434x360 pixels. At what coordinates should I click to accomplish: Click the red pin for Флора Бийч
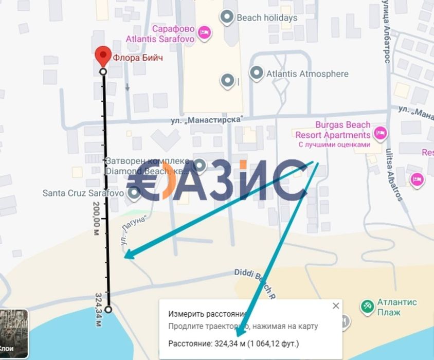pyautogui.click(x=103, y=55)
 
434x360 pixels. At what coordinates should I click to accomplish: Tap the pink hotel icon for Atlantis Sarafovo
pyautogui.click(x=205, y=32)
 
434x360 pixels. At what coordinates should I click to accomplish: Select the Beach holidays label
pyautogui.click(x=267, y=17)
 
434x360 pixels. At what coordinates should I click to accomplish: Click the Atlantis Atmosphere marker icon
pyautogui.click(x=257, y=74)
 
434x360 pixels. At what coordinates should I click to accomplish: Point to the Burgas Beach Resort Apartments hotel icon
pyautogui.click(x=380, y=133)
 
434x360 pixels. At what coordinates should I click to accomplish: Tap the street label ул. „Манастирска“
pyautogui.click(x=207, y=119)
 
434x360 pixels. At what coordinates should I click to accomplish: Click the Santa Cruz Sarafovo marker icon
pyautogui.click(x=134, y=193)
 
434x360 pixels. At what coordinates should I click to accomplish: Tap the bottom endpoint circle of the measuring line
pyautogui.click(x=108, y=310)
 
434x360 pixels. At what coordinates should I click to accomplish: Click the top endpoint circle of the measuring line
pyautogui.click(x=103, y=71)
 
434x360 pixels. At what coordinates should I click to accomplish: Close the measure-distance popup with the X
pyautogui.click(x=336, y=306)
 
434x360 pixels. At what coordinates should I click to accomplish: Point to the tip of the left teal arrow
pyautogui.click(x=125, y=256)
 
